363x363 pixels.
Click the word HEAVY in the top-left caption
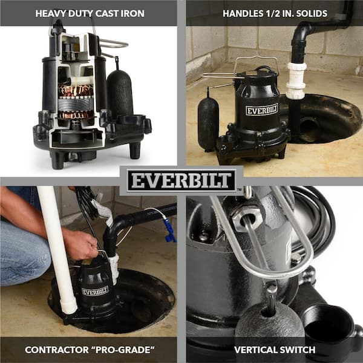pos(51,13)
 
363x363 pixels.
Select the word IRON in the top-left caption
pos(133,13)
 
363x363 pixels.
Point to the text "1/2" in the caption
pos(267,13)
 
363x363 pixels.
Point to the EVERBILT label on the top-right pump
pos(261,110)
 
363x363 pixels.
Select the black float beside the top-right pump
pos(208,123)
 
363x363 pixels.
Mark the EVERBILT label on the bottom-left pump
pos(95,291)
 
